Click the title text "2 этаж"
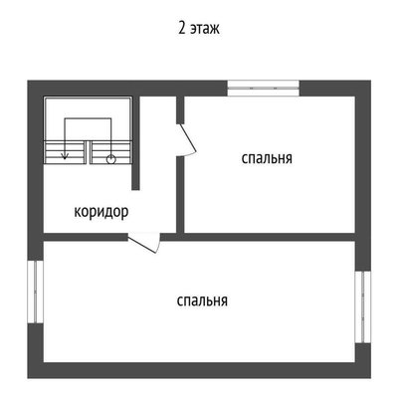(x=199, y=28)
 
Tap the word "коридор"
(x=101, y=212)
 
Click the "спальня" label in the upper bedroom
(x=267, y=158)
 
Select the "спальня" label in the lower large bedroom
(x=202, y=300)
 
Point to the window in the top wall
(x=264, y=89)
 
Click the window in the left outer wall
(x=36, y=292)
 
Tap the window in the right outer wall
(x=363, y=306)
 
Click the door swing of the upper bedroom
(x=187, y=139)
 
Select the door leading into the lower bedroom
(x=145, y=243)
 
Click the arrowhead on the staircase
(x=65, y=155)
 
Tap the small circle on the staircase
(x=110, y=159)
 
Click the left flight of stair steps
(x=65, y=152)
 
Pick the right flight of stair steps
(x=110, y=152)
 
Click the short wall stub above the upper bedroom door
(x=180, y=109)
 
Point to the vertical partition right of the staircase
(x=135, y=143)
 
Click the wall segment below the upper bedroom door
(x=180, y=195)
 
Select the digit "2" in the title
(x=181, y=28)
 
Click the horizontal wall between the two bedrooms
(x=258, y=237)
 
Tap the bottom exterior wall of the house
(x=199, y=370)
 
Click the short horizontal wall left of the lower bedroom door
(x=86, y=237)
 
